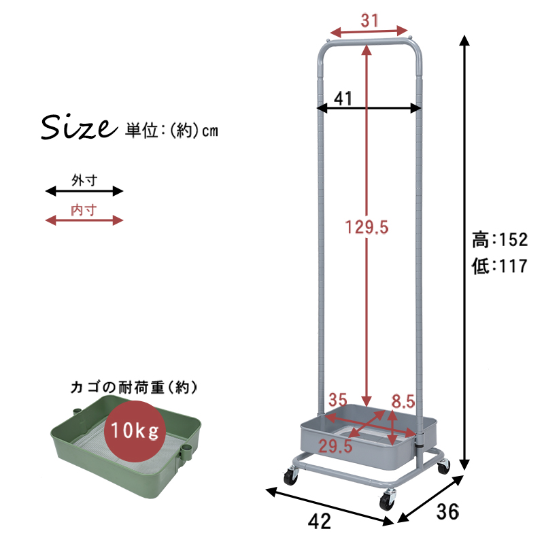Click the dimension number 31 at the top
click(x=369, y=20)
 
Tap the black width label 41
click(x=343, y=99)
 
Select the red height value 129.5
click(x=367, y=227)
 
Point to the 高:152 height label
click(x=500, y=240)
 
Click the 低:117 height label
click(x=500, y=266)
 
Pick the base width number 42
click(x=320, y=521)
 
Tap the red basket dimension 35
click(x=338, y=400)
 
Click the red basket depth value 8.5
click(x=403, y=401)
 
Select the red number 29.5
click(x=335, y=446)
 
